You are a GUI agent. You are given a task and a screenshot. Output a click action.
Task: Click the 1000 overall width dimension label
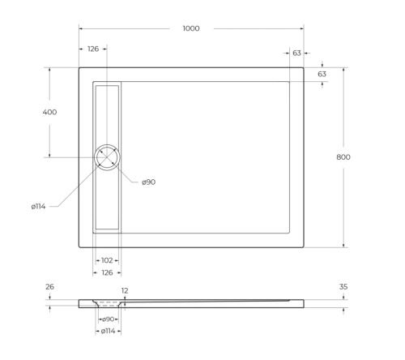(x=190, y=28)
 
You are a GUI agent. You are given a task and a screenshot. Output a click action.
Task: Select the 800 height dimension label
(x=343, y=156)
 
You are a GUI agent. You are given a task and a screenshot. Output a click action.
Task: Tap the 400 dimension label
(x=49, y=112)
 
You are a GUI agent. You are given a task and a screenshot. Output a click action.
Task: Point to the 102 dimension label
(x=106, y=260)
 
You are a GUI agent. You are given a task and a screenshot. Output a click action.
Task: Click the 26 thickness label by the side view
(x=50, y=286)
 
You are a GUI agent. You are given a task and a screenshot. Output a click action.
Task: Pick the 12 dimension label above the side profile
(x=125, y=290)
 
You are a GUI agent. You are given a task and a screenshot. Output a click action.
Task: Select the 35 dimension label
(x=343, y=286)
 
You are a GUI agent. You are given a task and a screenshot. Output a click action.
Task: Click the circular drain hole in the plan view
(x=107, y=156)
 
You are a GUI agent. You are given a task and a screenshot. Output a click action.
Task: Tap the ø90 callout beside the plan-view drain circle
(x=148, y=182)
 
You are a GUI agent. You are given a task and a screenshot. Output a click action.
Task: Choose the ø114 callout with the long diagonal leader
(x=38, y=207)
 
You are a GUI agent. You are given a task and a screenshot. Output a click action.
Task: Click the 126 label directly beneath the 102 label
(x=106, y=272)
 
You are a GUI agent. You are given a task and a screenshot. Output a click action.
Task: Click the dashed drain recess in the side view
(x=107, y=304)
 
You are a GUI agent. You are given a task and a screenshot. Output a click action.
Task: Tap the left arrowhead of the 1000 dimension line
(x=80, y=28)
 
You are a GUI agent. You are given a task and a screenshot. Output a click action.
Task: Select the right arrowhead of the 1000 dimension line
(x=303, y=28)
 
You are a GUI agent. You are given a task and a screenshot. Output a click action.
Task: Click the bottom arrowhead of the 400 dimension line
(x=49, y=156)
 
